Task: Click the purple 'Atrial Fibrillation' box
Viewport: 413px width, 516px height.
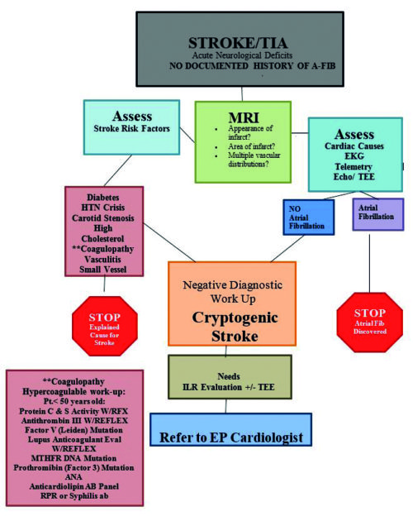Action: [x=377, y=213]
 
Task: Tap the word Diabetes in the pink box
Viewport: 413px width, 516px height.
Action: [x=103, y=195]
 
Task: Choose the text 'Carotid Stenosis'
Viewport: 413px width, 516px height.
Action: [x=103, y=220]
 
